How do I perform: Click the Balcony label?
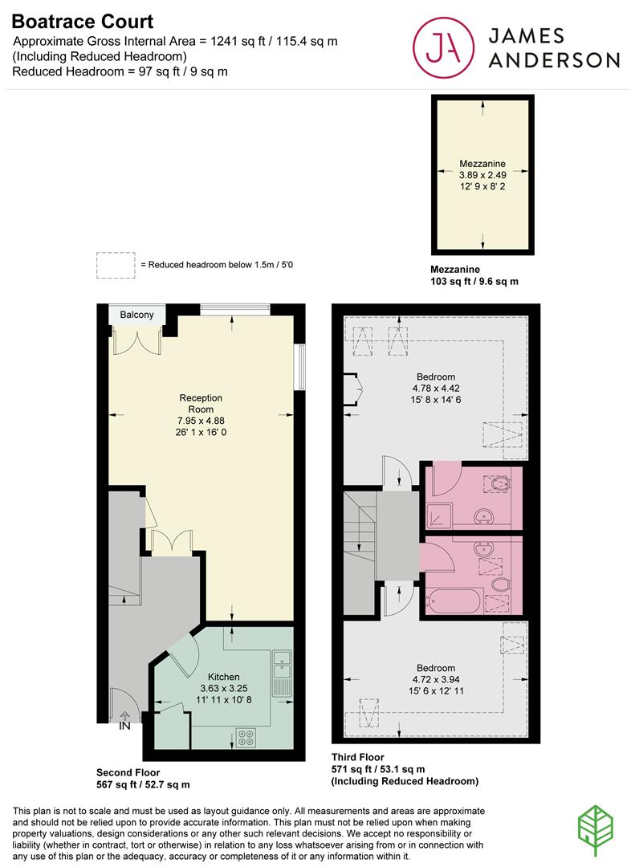click(136, 315)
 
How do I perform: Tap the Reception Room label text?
click(201, 404)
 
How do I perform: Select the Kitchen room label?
click(223, 677)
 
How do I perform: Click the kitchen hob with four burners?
click(246, 737)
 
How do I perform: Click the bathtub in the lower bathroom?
click(454, 601)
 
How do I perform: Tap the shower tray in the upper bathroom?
click(439, 516)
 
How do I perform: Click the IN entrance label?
click(124, 726)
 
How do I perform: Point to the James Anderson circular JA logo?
click(443, 47)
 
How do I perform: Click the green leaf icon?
click(596, 831)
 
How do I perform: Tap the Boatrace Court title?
click(83, 22)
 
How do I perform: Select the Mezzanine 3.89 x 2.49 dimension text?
click(482, 175)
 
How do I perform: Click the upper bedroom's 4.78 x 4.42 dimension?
click(436, 389)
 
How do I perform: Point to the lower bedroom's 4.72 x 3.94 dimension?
click(436, 680)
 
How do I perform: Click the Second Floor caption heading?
click(128, 772)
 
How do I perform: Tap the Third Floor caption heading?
click(358, 757)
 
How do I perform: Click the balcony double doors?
click(136, 340)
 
